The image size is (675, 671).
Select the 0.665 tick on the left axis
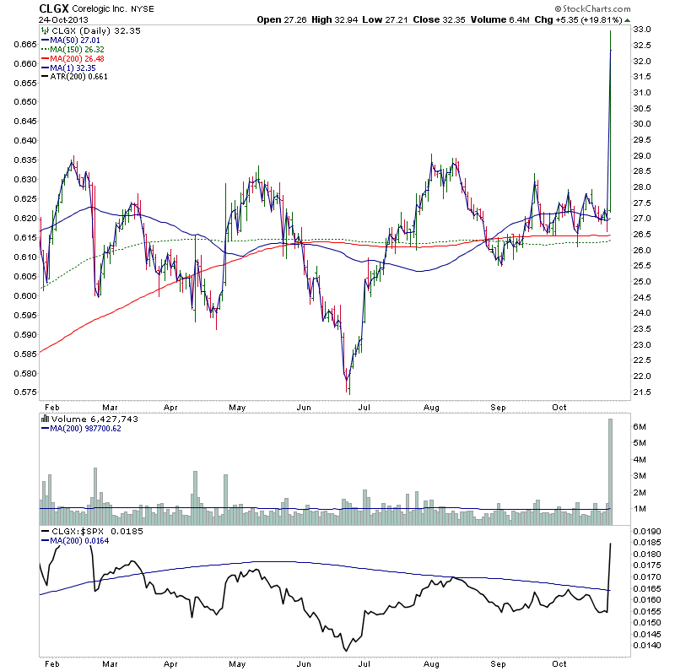(25, 44)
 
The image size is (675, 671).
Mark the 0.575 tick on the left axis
(25, 392)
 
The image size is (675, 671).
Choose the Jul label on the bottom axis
(365, 663)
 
